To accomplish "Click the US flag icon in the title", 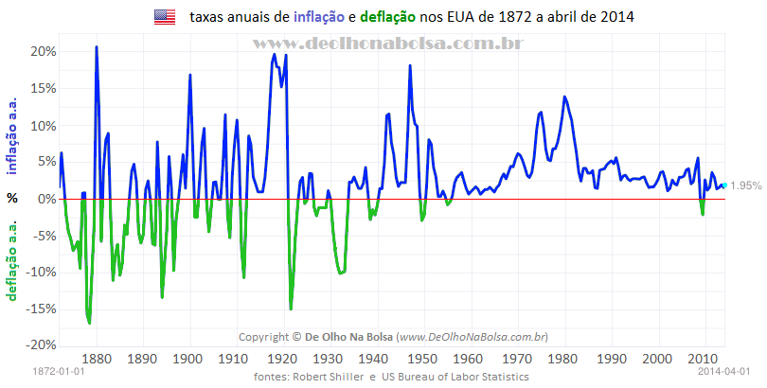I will coord(165,16).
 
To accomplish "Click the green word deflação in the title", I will coord(390,17).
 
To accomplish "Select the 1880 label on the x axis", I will coord(98,359).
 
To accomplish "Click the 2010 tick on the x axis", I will coord(703,359).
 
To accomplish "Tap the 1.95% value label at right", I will coord(745,186).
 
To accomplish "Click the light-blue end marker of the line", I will coord(725,185).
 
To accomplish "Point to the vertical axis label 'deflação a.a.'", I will coord(12,258).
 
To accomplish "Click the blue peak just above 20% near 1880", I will coord(97,47).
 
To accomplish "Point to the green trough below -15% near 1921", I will coord(291,308).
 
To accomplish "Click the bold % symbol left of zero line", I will coord(12,199).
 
